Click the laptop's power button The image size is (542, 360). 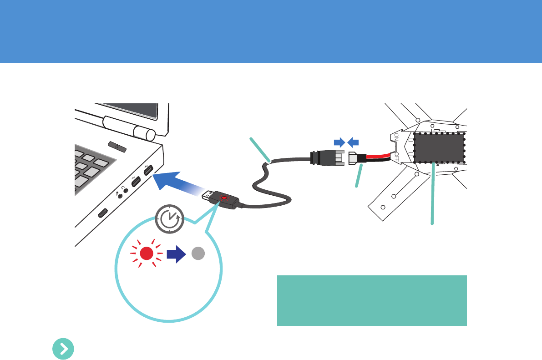click(x=117, y=147)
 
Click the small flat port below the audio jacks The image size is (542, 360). click(x=103, y=212)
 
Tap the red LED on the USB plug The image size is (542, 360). click(x=224, y=198)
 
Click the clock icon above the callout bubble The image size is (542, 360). click(x=169, y=219)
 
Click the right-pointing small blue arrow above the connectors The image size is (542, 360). click(x=339, y=142)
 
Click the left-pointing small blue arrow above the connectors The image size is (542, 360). click(x=354, y=142)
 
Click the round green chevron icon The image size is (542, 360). click(x=64, y=349)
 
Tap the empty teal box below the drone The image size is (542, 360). click(x=372, y=300)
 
